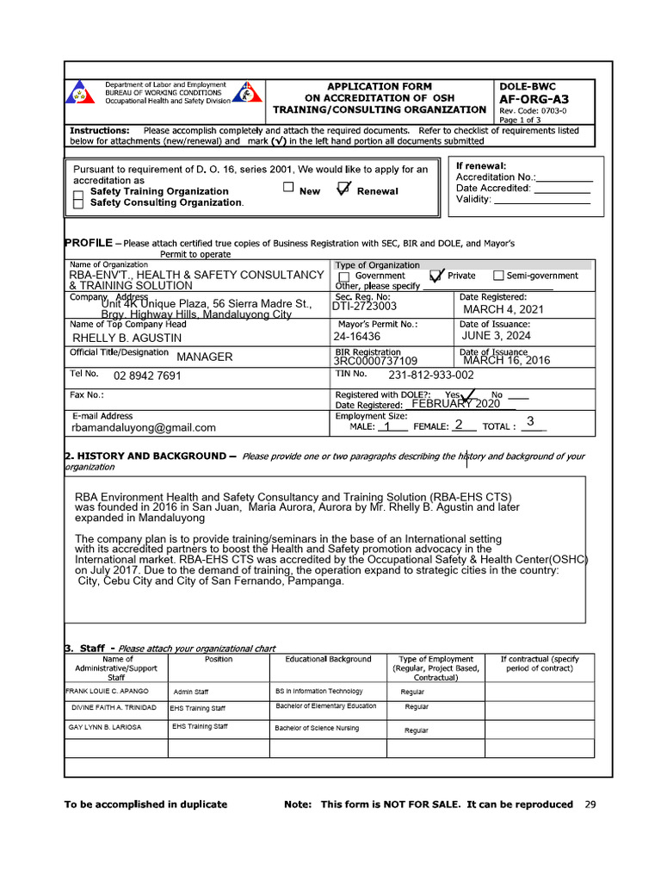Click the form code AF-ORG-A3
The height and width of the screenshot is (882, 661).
[x=534, y=99]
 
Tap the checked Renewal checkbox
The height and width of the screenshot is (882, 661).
[x=343, y=190]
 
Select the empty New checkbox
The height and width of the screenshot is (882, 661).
[x=288, y=187]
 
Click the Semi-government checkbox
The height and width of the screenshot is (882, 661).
[x=498, y=276]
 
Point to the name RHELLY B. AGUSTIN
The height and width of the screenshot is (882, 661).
[x=127, y=338]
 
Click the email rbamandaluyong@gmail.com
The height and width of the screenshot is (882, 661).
[x=144, y=427]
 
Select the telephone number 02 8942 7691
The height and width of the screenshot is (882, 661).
[x=147, y=376]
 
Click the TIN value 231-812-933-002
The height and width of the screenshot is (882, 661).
[x=430, y=376]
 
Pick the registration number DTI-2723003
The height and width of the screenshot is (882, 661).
[x=365, y=306]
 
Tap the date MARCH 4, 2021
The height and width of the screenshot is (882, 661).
[x=503, y=309]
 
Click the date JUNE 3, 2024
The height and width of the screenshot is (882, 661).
[x=496, y=336]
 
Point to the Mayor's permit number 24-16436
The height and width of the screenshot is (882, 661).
[x=357, y=337]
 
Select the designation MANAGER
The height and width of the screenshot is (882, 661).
[x=204, y=357]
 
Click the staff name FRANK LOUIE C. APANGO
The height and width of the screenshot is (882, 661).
[x=108, y=692]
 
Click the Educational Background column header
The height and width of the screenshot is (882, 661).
[x=328, y=659]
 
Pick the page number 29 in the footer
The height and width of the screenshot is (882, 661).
[x=590, y=804]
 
